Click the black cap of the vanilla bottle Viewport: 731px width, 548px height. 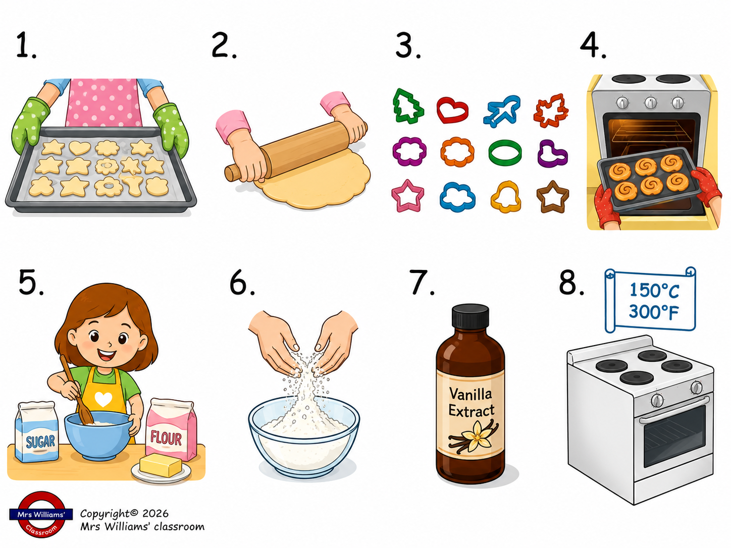point(470,316)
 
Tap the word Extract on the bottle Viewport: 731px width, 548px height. point(471,411)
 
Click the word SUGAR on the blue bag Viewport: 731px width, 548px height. point(40,442)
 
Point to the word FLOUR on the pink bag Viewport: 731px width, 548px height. point(166,438)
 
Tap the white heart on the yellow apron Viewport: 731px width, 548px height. point(103,399)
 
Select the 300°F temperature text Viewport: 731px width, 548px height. point(653,312)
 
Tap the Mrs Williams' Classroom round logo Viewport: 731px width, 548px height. point(41,514)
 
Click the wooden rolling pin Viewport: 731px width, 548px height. point(296,151)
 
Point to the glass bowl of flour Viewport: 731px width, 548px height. point(304,436)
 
